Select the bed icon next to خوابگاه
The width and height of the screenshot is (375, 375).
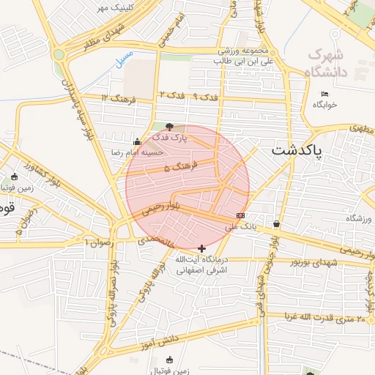(325, 94)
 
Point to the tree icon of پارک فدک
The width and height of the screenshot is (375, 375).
(170, 127)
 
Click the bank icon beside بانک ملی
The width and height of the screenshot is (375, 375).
(240, 215)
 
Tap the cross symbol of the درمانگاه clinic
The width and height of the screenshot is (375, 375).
(202, 249)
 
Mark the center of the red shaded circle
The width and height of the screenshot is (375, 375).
(187, 187)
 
